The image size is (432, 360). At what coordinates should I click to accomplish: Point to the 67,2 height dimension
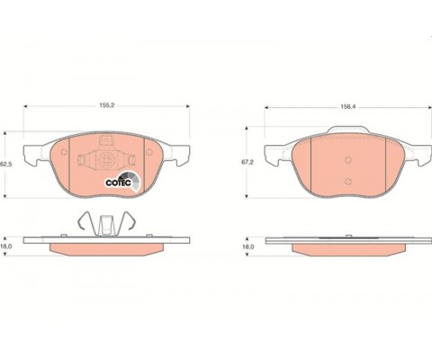(246, 163)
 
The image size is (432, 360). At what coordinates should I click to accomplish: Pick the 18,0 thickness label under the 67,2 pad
(246, 245)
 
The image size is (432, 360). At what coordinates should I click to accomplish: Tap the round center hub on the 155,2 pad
(106, 161)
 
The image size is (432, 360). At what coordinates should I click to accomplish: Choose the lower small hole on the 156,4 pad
(346, 182)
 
